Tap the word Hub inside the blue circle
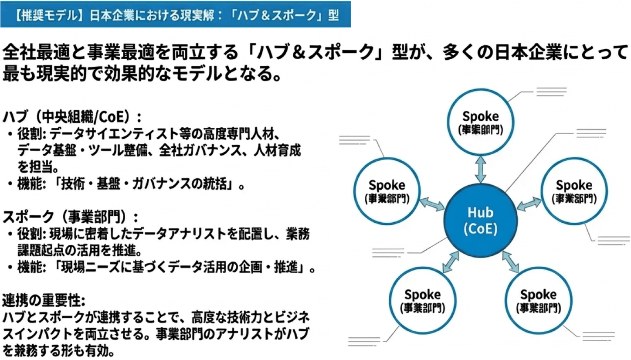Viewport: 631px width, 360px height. point(480,212)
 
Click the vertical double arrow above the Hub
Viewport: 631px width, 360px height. point(480,170)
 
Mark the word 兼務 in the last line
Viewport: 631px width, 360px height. point(31,350)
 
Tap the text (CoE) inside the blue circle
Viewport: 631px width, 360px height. point(480,229)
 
